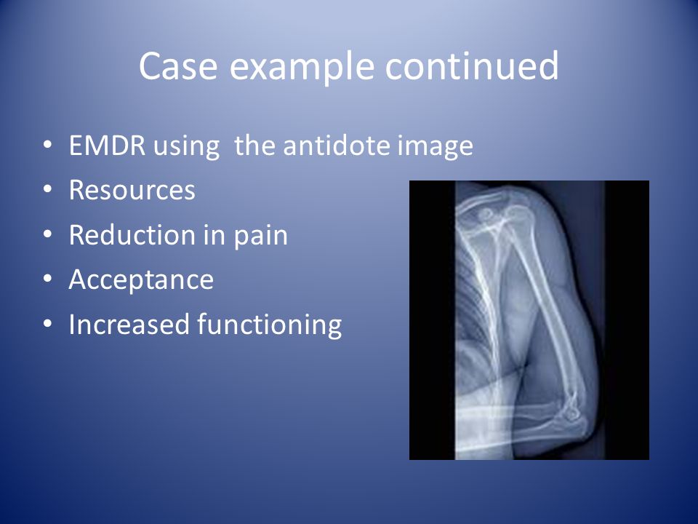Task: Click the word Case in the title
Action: coord(179,65)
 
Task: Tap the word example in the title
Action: coord(302,68)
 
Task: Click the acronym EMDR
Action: coord(108,146)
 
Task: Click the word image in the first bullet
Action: coord(435,146)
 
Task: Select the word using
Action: coord(186,146)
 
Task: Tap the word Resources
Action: coord(132,190)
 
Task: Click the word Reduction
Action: coord(132,235)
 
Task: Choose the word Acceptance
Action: coord(142,279)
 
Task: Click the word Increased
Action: coord(129,324)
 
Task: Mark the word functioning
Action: coord(269,325)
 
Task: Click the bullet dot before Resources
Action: coord(48,189)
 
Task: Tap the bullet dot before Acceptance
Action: coord(48,278)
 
